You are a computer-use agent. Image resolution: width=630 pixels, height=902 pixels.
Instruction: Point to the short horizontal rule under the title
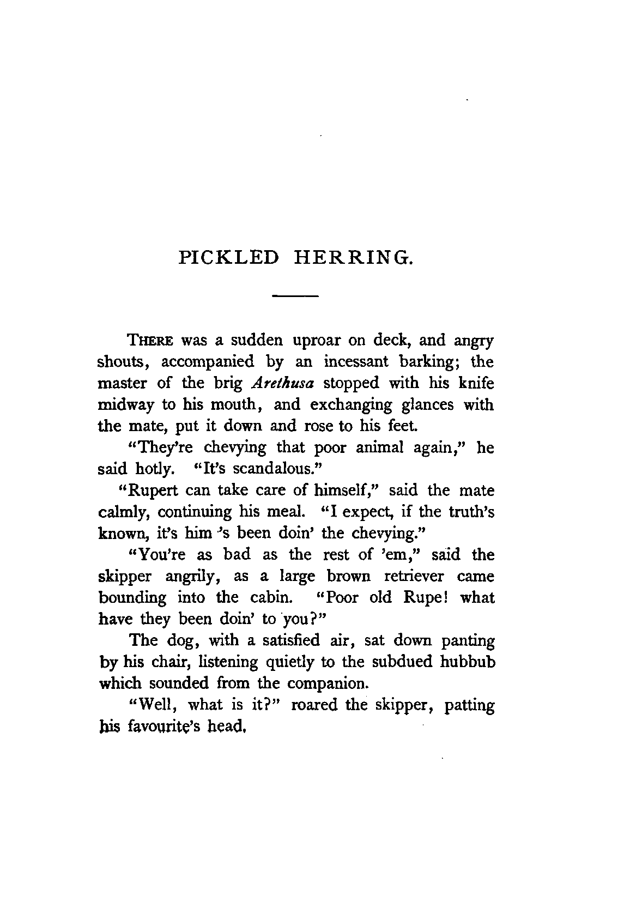point(295,296)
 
